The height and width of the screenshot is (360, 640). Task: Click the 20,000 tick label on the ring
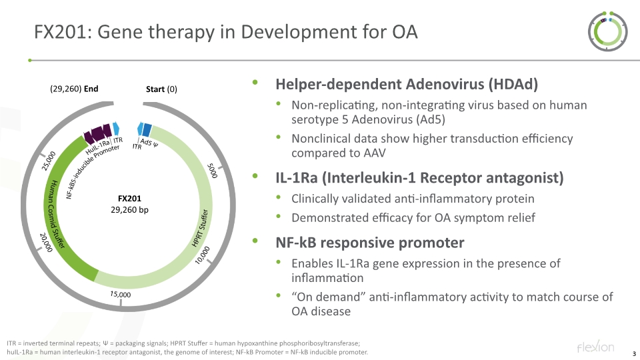[46, 243]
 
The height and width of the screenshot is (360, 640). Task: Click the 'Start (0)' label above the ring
[161, 89]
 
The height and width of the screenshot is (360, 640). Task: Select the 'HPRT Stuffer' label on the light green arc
[201, 228]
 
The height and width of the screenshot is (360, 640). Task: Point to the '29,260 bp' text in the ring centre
[129, 210]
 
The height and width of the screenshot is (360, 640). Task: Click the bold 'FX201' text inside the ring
[129, 199]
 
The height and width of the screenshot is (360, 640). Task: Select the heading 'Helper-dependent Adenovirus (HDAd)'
[407, 85]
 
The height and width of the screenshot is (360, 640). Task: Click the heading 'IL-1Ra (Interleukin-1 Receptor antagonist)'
[419, 178]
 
